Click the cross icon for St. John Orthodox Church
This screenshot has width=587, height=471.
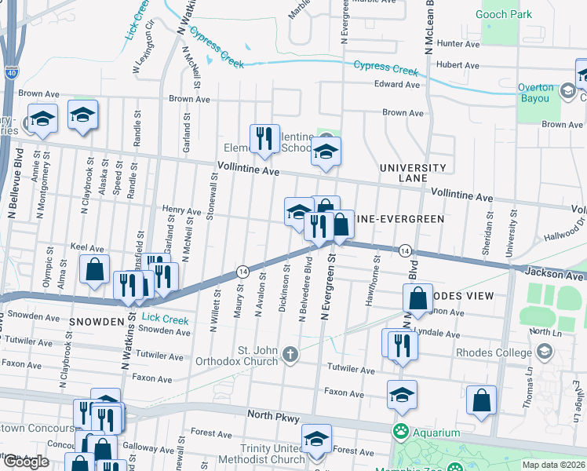[290, 355]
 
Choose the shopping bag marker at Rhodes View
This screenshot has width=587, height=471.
[418, 298]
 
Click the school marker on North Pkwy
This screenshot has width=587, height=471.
[402, 395]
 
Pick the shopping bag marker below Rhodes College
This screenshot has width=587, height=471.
[481, 399]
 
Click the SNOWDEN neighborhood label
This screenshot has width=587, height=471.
[97, 322]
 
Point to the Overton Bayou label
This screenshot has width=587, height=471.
[536, 93]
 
